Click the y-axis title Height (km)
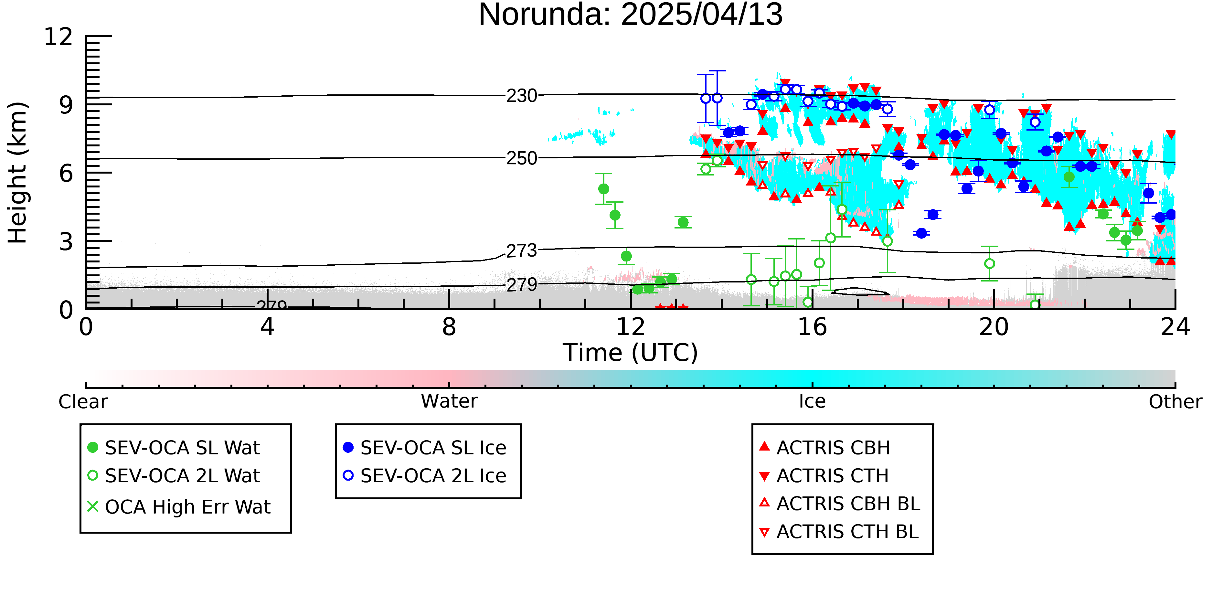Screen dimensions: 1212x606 coord(18,173)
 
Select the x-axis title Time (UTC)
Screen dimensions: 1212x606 coord(631,353)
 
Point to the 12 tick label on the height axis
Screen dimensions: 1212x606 coord(58,37)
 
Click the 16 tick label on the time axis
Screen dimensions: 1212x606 coord(812,327)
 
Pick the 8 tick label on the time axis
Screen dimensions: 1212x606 coord(449,327)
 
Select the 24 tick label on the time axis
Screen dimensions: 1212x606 coord(1175,327)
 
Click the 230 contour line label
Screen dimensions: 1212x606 coord(522,96)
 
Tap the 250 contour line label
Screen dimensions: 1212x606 coord(522,159)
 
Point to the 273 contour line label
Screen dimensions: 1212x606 coord(522,251)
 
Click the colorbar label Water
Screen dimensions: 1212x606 coord(449,401)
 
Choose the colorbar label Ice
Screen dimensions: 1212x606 coord(812,401)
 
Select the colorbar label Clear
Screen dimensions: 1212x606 coord(83,402)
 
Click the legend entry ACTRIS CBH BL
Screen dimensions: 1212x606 coord(840,504)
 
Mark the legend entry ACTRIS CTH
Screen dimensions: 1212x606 coord(824,476)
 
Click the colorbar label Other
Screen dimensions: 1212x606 coord(1175,402)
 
